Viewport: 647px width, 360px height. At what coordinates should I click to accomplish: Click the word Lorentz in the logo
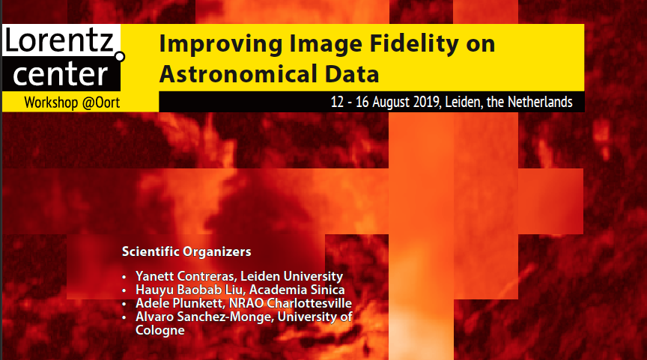pyautogui.click(x=58, y=40)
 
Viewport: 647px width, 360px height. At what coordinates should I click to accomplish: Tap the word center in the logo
pyautogui.click(x=60, y=74)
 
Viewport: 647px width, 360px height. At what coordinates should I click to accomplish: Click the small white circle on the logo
pyautogui.click(x=120, y=56)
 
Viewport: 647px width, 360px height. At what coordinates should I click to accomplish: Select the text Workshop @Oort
pyautogui.click(x=72, y=103)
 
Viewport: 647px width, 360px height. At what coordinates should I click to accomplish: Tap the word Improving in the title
pyautogui.click(x=221, y=44)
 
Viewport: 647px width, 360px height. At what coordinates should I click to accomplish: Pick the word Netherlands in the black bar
pyautogui.click(x=540, y=102)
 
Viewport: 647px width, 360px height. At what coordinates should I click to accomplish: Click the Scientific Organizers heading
pyautogui.click(x=186, y=251)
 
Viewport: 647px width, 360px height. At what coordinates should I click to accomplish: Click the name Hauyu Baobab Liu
pyautogui.click(x=190, y=290)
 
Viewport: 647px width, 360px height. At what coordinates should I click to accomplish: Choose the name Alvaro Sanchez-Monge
pyautogui.click(x=204, y=317)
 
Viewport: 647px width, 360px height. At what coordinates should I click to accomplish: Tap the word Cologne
pyautogui.click(x=160, y=330)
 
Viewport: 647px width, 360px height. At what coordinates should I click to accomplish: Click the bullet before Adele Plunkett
pyautogui.click(x=124, y=305)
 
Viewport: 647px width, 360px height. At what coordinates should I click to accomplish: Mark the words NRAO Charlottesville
pyautogui.click(x=291, y=303)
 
